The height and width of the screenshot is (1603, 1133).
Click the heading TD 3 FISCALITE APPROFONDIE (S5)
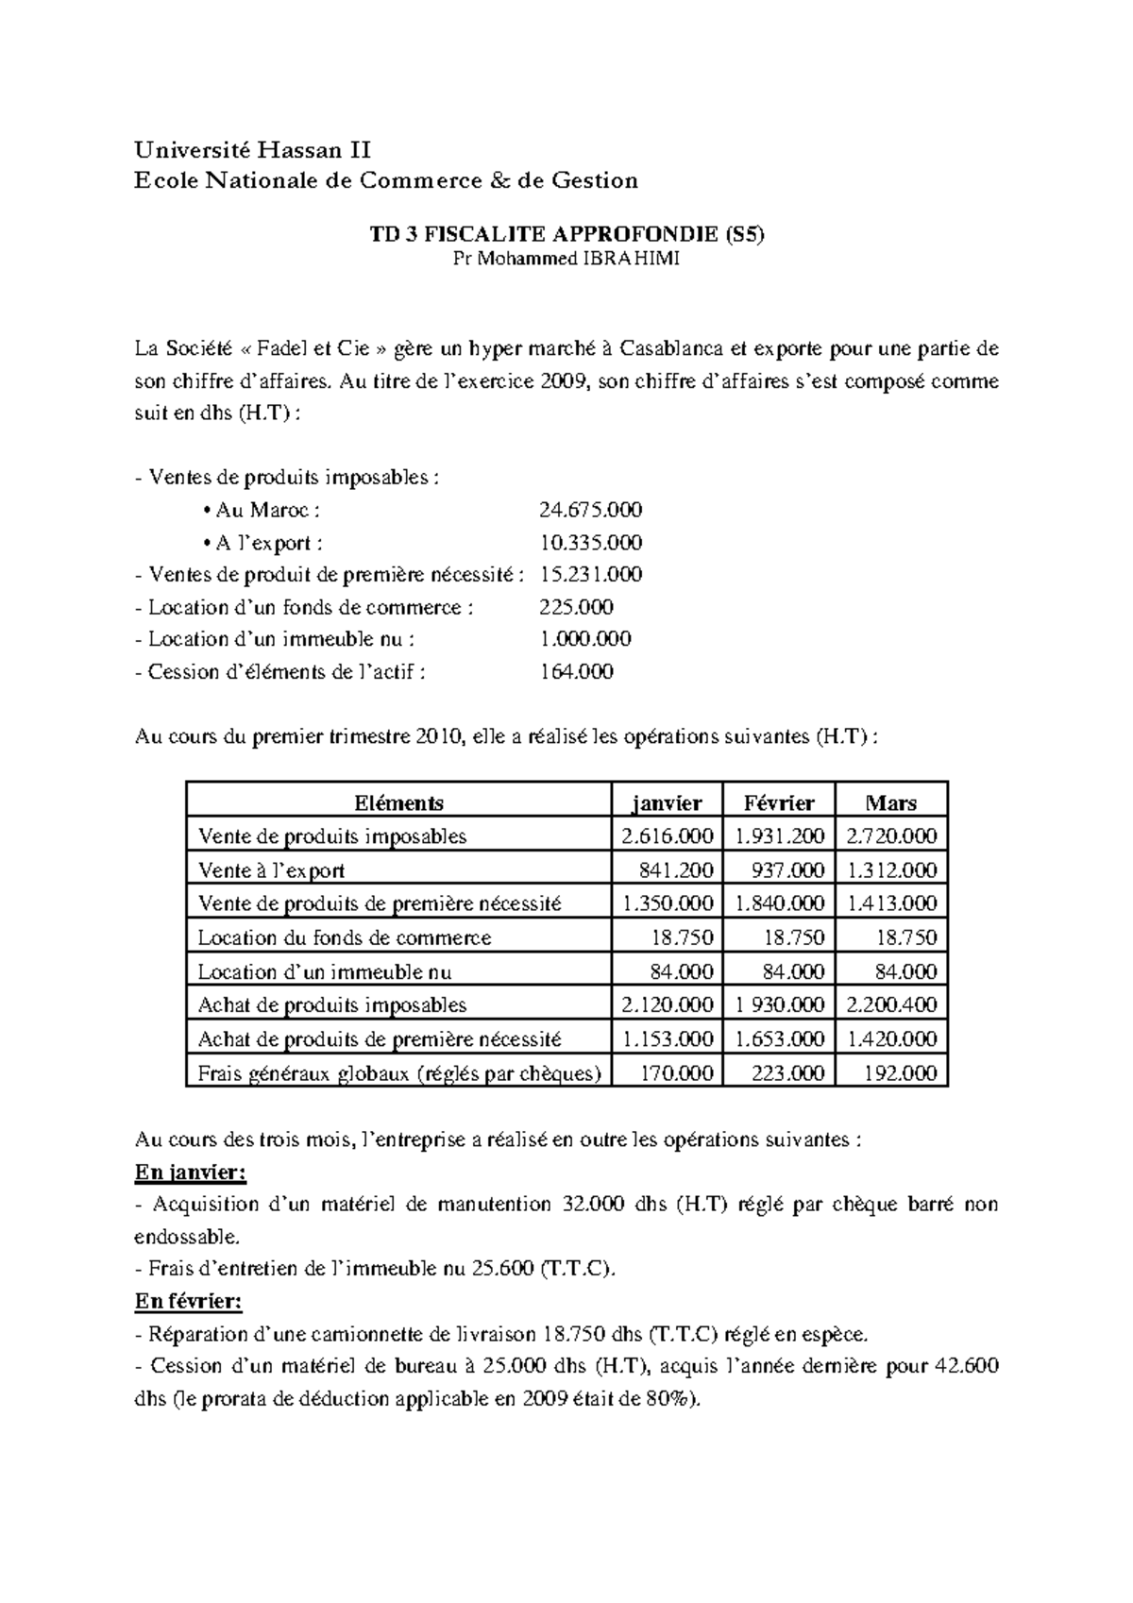566,236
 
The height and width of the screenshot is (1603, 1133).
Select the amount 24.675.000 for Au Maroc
590,511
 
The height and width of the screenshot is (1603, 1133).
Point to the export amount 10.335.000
590,543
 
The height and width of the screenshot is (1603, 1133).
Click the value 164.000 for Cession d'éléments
576,672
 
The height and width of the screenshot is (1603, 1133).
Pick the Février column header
778,803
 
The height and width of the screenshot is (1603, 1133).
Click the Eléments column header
398,803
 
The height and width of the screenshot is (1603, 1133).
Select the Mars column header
890,803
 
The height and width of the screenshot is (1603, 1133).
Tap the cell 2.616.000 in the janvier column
668,836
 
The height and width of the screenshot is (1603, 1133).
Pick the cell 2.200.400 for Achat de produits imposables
892,1005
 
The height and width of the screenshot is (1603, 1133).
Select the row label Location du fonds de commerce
345,938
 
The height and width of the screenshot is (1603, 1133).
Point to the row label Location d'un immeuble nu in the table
325,972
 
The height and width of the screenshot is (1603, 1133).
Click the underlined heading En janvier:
191,1173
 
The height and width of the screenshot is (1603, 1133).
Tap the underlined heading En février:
189,1302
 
